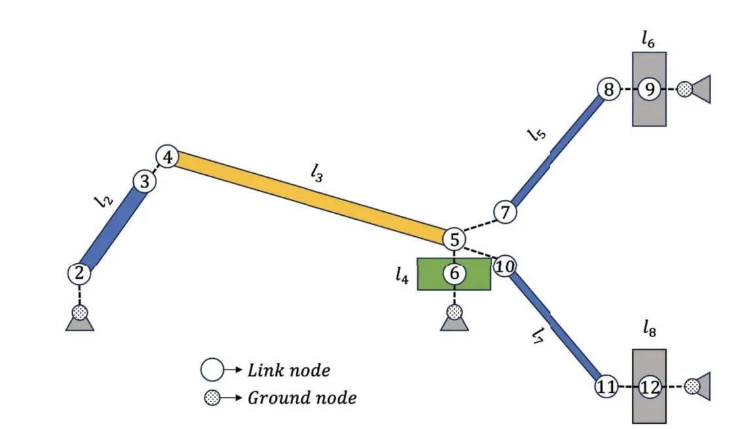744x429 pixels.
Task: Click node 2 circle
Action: coord(79,274)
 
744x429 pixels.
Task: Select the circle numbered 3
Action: coord(145,182)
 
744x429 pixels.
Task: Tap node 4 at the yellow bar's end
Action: coord(167,157)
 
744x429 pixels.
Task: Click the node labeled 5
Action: coord(454,239)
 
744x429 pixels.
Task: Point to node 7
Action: coord(505,213)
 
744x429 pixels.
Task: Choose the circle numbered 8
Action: coord(609,89)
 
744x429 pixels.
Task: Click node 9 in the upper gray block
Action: coord(650,89)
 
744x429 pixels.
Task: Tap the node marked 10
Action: coord(504,266)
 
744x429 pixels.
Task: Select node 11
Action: coord(606,387)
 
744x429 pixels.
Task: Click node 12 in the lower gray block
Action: coord(649,387)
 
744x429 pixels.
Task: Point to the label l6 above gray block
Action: coord(648,39)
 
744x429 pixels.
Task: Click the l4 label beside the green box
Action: coord(402,277)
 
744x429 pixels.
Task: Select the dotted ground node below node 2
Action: coord(79,312)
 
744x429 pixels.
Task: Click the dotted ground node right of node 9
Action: coord(684,89)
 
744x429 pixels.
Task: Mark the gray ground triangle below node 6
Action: coord(454,322)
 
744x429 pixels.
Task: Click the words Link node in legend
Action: coord(288,371)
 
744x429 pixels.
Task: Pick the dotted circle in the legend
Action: coord(212,398)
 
